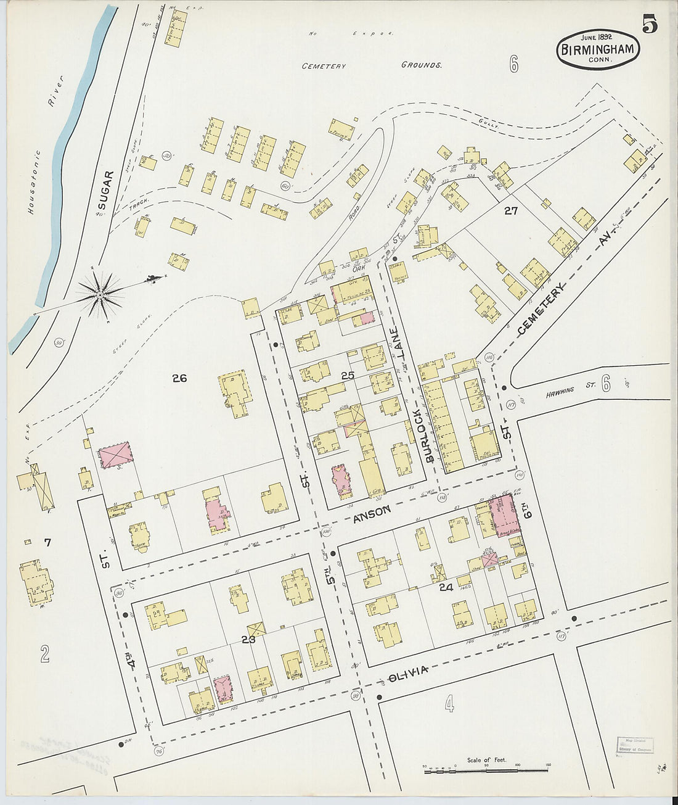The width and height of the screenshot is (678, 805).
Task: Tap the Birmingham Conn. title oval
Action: click(x=597, y=50)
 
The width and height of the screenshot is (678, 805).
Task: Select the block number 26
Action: click(x=179, y=378)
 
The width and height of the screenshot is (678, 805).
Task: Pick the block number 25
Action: click(x=348, y=375)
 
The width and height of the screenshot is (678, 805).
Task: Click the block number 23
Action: click(x=248, y=640)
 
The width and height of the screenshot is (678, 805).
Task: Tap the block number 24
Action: click(x=446, y=587)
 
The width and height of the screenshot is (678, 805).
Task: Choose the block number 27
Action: click(x=510, y=211)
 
